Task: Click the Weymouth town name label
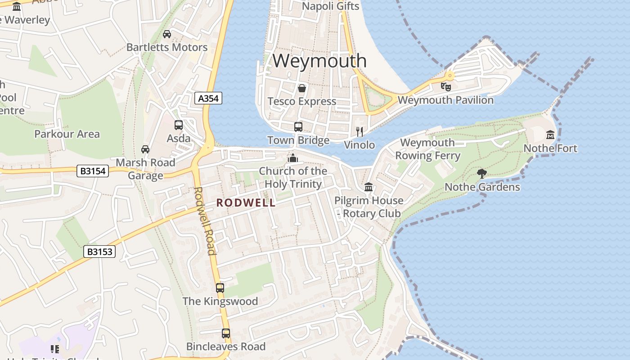(319, 60)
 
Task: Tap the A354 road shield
(208, 99)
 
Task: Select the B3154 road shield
(92, 171)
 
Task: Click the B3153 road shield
(99, 252)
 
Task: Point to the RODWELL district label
(246, 203)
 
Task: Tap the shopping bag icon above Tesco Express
(301, 88)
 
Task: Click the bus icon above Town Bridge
(298, 127)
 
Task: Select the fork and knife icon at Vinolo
(359, 131)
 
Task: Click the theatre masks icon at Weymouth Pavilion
(445, 86)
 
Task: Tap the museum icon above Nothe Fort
(550, 135)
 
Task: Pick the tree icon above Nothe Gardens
(481, 173)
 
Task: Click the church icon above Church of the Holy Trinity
(293, 158)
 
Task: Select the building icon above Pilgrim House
(369, 187)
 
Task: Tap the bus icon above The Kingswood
(220, 288)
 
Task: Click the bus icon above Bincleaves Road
(225, 333)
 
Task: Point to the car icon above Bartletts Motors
(166, 34)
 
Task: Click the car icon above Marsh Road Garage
(145, 149)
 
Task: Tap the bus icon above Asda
(179, 125)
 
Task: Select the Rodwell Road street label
(205, 220)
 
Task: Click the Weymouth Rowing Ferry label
(427, 149)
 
